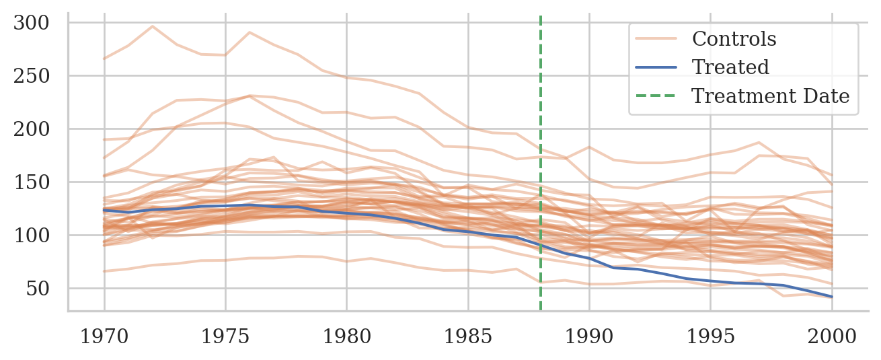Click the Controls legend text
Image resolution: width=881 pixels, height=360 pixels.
pyautogui.click(x=734, y=39)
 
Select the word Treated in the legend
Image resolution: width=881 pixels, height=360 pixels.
pyautogui.click(x=730, y=67)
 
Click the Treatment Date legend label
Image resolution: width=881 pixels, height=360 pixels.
pyautogui.click(x=771, y=96)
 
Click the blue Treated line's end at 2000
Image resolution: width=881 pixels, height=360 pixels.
pyautogui.click(x=831, y=297)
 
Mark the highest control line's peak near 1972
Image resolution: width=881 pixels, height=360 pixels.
pyautogui.click(x=153, y=26)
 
